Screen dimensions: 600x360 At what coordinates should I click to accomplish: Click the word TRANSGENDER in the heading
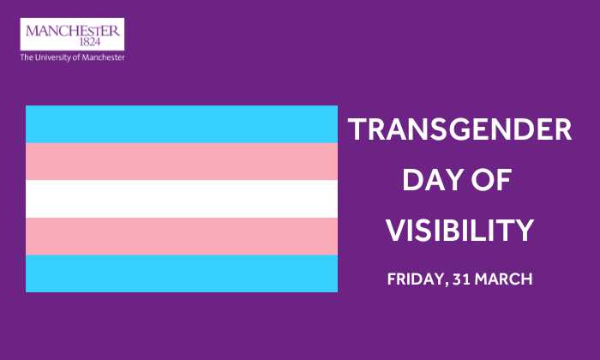coord(460,129)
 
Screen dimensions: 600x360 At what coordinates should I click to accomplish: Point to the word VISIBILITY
coord(459,231)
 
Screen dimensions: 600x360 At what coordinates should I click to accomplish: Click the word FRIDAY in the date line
coord(416,279)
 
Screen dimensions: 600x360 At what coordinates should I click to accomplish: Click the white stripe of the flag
coord(182,199)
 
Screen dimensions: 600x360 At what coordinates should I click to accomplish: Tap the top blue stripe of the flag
coord(182,124)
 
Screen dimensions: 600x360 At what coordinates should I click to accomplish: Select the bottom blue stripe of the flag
coord(182,273)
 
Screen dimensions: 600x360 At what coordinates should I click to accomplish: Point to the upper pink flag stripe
coord(182,161)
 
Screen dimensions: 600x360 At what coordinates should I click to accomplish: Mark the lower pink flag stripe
coord(182,236)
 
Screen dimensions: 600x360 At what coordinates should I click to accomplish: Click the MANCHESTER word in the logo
coord(73,31)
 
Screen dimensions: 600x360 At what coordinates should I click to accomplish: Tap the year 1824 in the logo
coord(89,42)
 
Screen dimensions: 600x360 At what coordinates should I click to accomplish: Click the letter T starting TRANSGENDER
coord(357,129)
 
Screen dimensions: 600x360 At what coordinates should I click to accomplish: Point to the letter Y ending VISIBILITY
coord(524,231)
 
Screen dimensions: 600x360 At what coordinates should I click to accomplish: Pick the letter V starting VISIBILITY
coord(397,231)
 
